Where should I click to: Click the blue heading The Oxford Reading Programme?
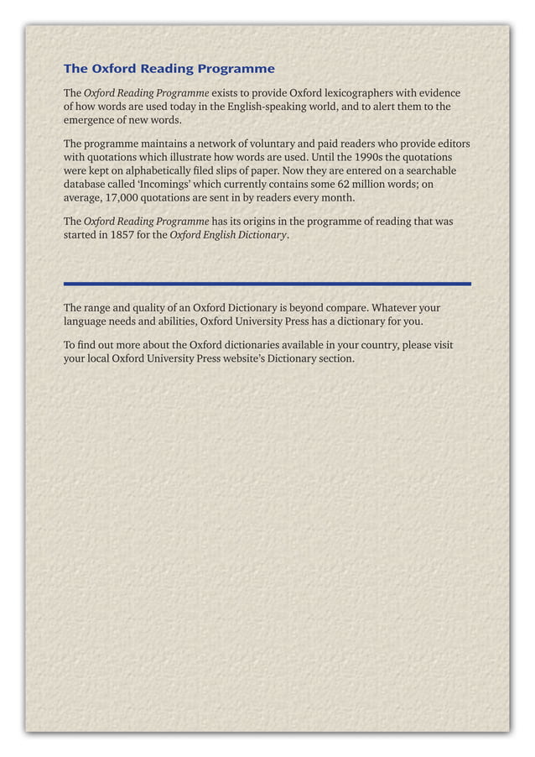(169, 68)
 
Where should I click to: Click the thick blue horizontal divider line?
(267, 284)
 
